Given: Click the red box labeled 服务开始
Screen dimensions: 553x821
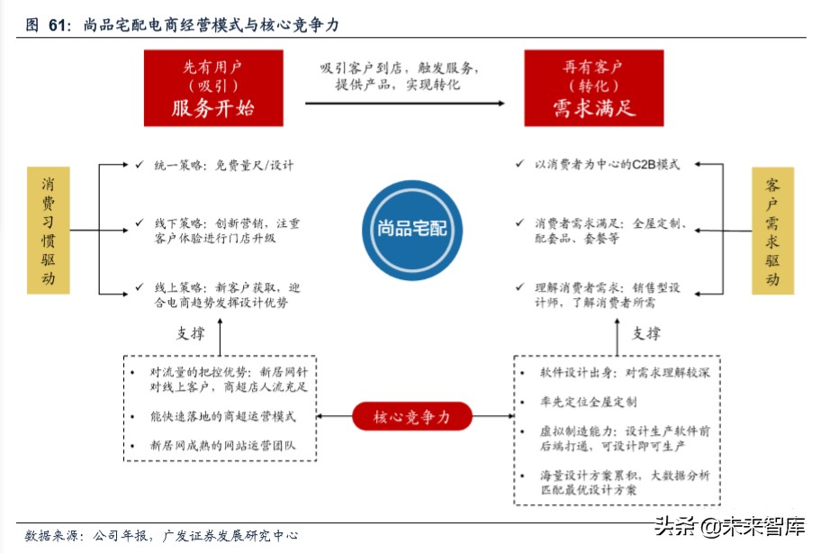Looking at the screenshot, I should (x=213, y=87).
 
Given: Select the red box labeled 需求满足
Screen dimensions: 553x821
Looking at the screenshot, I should (x=594, y=87).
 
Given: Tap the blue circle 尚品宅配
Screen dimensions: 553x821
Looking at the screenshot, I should (x=410, y=229).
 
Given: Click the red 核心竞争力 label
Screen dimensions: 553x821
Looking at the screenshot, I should (x=410, y=416).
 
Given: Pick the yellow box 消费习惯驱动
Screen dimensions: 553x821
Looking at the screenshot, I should (x=49, y=230).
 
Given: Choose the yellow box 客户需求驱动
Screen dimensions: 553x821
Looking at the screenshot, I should (x=772, y=230).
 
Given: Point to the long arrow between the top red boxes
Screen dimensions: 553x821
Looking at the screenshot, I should (x=403, y=104).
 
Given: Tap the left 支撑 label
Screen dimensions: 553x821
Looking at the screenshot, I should (x=191, y=333).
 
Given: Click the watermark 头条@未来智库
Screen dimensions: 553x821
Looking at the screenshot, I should (x=729, y=527).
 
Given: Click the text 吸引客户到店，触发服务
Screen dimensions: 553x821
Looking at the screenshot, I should (x=400, y=68).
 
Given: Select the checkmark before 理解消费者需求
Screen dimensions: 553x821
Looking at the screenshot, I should (x=519, y=287).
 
